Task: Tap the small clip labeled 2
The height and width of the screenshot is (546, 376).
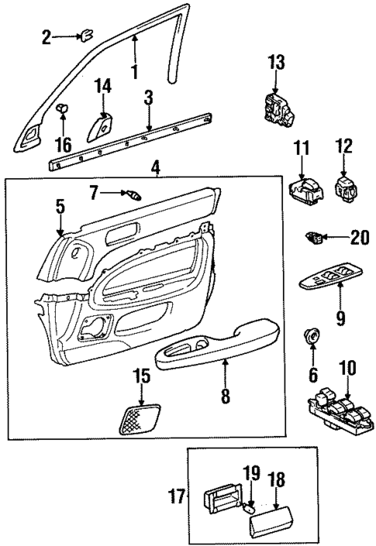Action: [86, 34]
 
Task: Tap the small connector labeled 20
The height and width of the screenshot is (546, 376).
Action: [315, 238]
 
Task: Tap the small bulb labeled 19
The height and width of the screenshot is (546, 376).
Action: [250, 508]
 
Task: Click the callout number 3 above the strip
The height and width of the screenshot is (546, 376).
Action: [148, 98]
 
